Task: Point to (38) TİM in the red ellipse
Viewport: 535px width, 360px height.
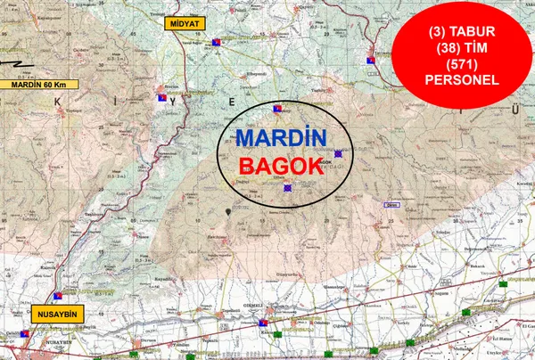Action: tap(463, 46)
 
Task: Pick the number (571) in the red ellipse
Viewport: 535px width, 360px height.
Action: tap(463, 62)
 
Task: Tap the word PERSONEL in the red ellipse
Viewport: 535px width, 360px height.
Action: tap(463, 79)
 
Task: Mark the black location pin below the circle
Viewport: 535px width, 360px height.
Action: tap(231, 210)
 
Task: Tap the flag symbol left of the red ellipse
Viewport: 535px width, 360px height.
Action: tap(373, 60)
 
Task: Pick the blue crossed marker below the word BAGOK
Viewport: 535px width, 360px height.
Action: tap(286, 188)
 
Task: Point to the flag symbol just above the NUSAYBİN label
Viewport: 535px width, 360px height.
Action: tap(56, 295)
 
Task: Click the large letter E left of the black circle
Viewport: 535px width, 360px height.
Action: tap(232, 103)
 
